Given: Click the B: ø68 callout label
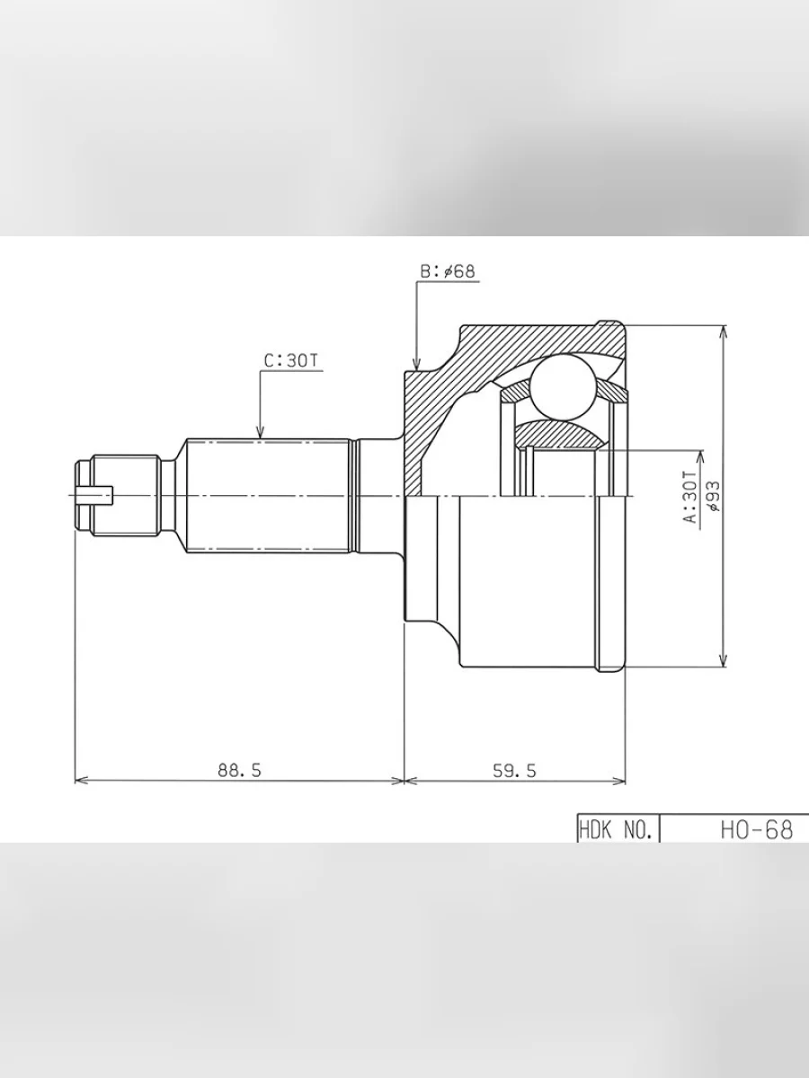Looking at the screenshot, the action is click(448, 271).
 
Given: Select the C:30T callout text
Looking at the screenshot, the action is click(291, 360).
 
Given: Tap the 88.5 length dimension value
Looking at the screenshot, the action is click(240, 770).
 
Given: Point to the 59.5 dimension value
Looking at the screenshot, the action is click(514, 771).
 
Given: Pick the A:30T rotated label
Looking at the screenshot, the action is click(689, 497).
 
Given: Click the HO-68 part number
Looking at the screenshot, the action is click(757, 829).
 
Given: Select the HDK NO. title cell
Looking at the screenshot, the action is click(616, 829).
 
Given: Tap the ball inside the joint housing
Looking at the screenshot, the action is click(564, 387).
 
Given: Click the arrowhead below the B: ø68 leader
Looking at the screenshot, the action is click(416, 364).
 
